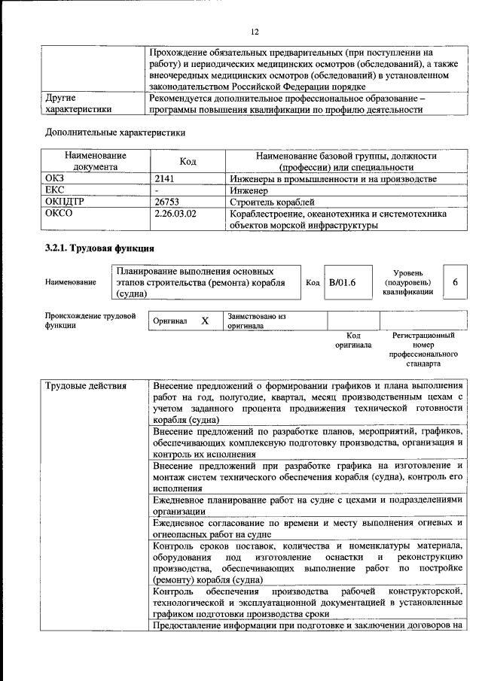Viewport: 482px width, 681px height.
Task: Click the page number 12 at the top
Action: (254, 32)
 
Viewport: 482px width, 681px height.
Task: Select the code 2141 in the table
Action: (165, 178)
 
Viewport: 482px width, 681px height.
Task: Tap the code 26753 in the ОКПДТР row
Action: (168, 202)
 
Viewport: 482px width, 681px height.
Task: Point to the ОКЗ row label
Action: (56, 178)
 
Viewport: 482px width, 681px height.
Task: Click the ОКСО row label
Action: (59, 214)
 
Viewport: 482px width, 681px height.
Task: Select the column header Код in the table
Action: (188, 161)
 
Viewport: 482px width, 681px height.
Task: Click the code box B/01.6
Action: (341, 281)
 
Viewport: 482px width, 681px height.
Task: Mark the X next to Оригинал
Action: (204, 321)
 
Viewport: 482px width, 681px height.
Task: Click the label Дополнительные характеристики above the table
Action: (115, 132)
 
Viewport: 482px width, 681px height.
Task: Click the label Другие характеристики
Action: (72, 103)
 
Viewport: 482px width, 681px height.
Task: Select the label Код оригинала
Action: (353, 340)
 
